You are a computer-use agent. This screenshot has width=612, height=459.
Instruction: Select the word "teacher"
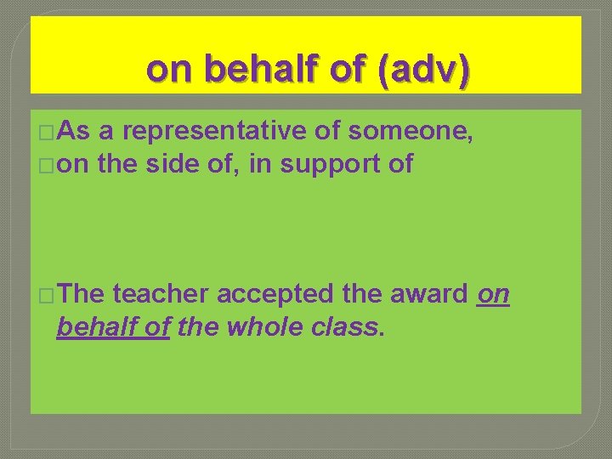tap(160, 294)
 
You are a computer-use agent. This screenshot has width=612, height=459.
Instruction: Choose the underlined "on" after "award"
tap(494, 294)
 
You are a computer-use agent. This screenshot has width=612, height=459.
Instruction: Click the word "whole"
tap(260, 326)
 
